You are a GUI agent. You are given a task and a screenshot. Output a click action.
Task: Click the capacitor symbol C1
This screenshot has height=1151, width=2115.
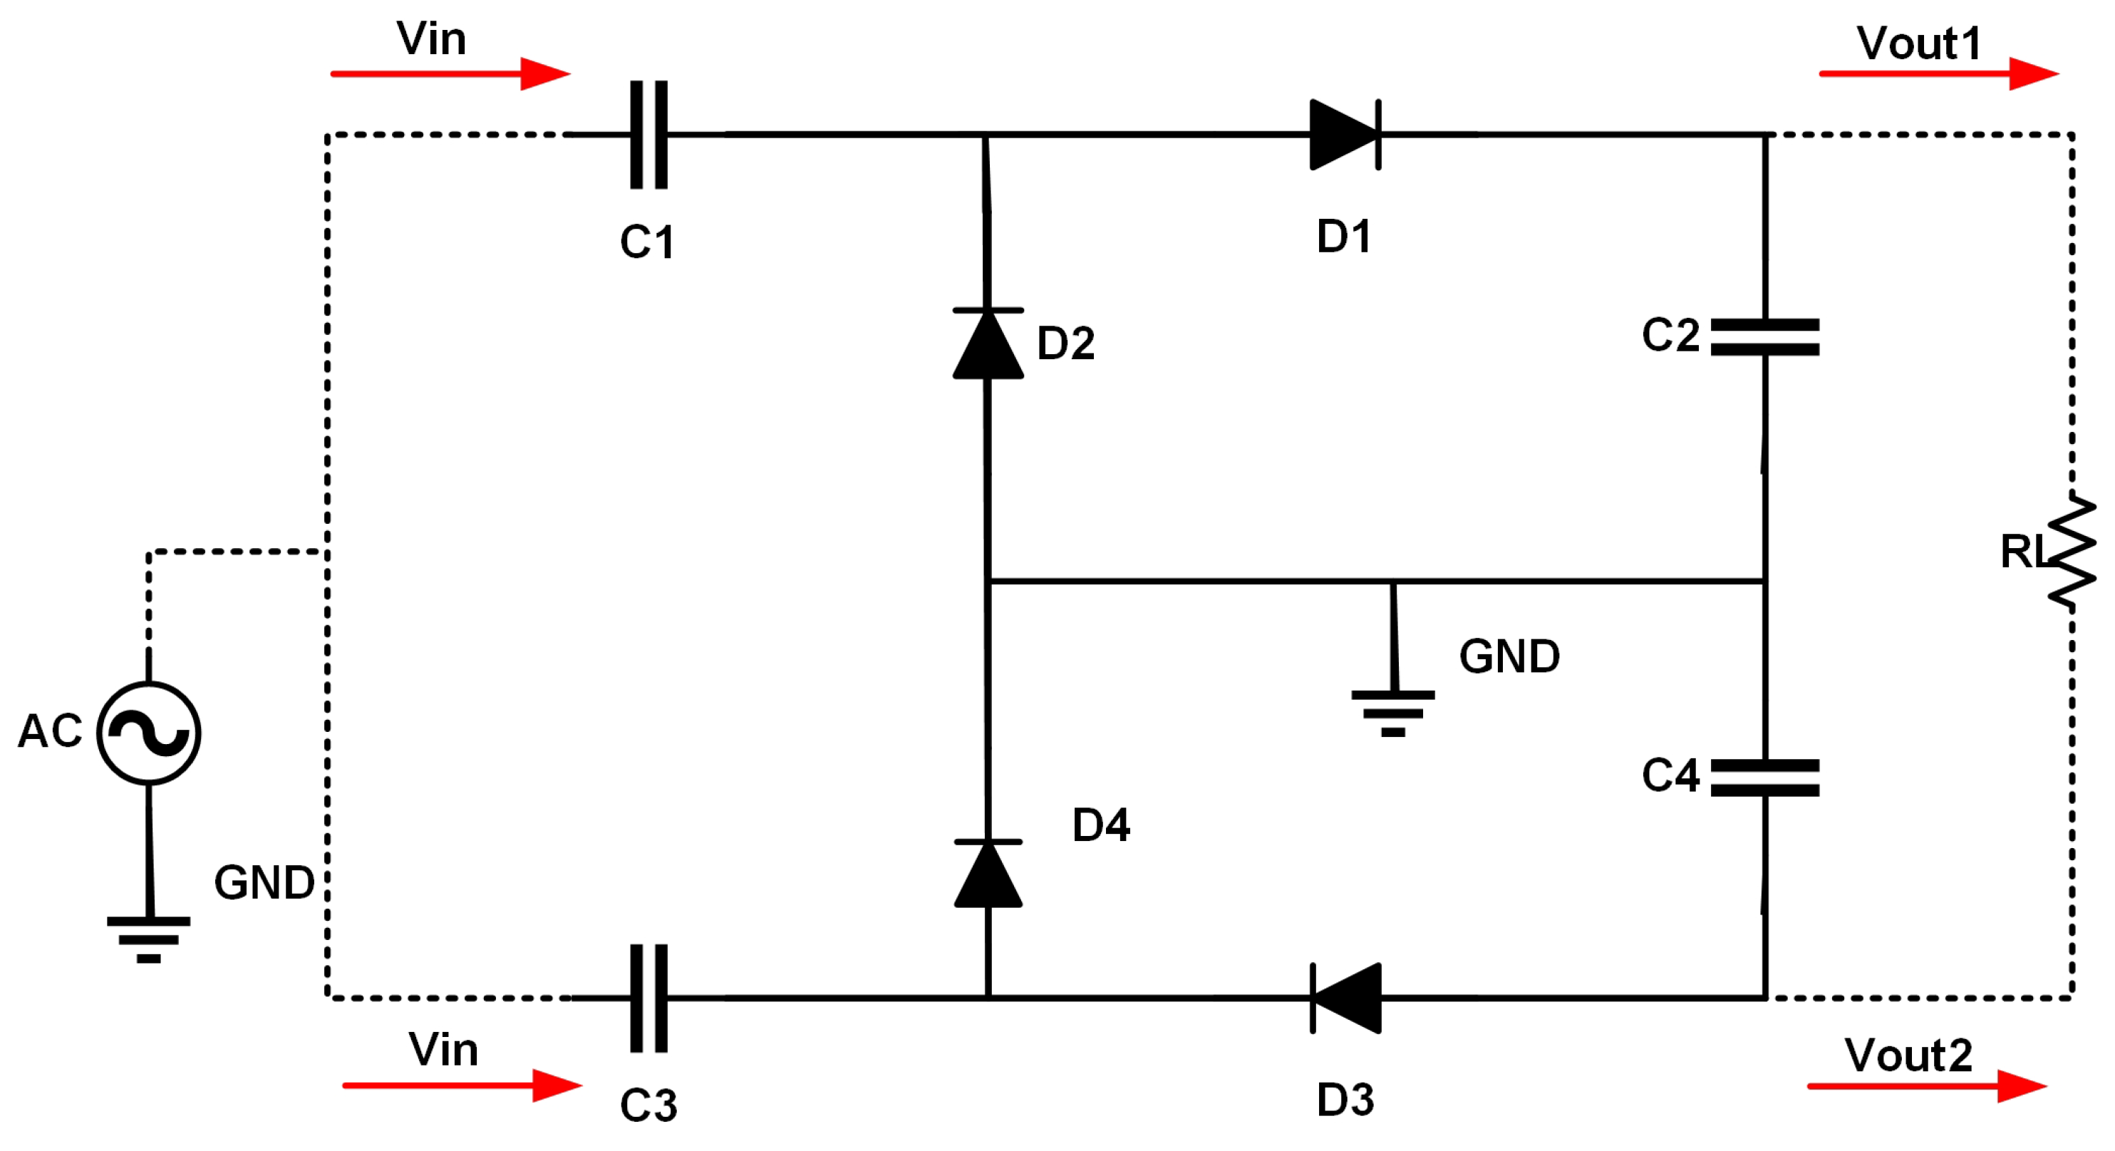point(648,135)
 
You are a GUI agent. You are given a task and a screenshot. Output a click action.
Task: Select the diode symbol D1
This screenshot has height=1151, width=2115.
point(1345,135)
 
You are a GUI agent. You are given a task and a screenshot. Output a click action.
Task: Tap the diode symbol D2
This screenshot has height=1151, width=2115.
point(988,344)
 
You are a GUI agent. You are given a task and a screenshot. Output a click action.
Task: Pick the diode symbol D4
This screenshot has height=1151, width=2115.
point(988,874)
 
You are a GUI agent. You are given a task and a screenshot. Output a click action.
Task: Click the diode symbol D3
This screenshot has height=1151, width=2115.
point(1347,998)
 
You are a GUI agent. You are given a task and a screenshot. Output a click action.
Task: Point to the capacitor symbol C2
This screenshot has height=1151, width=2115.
point(1765,337)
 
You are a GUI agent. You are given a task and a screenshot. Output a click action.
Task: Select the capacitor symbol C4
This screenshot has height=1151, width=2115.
point(1765,778)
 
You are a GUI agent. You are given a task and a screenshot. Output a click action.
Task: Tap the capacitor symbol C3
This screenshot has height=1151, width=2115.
point(648,998)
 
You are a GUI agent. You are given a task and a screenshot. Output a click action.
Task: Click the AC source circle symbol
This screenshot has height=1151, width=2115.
point(149,733)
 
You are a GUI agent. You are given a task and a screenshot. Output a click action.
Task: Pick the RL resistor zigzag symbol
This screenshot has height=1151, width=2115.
point(2072,552)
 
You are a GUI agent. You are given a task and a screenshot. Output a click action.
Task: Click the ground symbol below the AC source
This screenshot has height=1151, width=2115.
point(149,937)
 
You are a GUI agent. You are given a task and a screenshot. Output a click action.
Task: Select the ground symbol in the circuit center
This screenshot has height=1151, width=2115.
point(1393,712)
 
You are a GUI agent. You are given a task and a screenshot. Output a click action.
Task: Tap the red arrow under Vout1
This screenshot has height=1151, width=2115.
point(1938,74)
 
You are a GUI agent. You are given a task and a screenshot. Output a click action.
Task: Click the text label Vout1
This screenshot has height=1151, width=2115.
point(1920,43)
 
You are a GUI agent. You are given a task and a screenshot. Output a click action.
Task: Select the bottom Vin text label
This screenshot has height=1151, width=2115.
point(443,1049)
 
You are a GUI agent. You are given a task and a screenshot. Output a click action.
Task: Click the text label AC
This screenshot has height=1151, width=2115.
point(50,730)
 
